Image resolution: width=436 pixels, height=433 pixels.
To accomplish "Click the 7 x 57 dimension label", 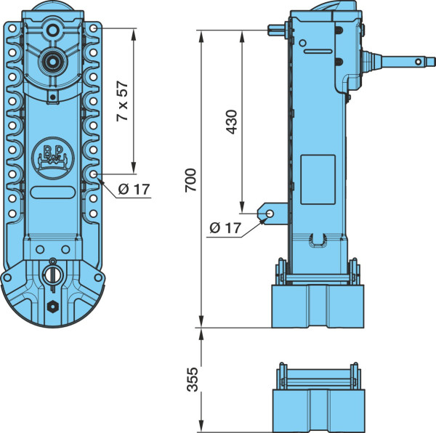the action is coord(123,101).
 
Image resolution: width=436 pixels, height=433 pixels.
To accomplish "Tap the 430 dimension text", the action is coord(231,122).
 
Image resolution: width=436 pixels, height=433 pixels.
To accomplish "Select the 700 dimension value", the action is coord(191,180).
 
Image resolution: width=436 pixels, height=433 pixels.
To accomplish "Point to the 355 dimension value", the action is coord(192,380).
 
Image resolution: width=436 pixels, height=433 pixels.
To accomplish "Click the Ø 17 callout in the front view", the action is coord(134,190).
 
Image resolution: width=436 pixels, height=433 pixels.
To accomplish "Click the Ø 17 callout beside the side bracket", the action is coord(225,228).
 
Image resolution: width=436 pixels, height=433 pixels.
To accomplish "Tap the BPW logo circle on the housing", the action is coord(53,158).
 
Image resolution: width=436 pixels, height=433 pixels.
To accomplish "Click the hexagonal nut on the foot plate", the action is coord(52,307).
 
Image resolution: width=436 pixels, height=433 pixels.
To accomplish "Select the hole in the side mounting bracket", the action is coord(270,214).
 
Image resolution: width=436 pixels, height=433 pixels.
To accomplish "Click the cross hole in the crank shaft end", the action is coord(419,62).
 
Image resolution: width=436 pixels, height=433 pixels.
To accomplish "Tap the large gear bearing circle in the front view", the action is coord(52,61).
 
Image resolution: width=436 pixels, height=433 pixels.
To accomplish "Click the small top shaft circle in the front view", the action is coord(52,30).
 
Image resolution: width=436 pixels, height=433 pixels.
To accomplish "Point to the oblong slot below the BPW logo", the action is coord(52,193).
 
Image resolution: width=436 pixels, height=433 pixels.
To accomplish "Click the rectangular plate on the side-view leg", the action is coord(318,180).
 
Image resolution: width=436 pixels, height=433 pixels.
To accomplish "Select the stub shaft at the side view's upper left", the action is coord(276,31).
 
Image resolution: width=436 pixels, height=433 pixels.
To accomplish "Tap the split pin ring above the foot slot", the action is coord(52,262).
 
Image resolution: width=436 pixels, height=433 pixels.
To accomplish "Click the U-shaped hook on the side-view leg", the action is coord(318,240).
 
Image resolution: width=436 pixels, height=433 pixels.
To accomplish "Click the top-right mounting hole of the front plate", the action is coord(93,28).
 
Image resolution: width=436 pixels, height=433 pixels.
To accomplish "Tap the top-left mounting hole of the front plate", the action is coord(12,28).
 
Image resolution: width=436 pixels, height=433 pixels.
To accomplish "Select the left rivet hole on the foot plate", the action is coord(40,249).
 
